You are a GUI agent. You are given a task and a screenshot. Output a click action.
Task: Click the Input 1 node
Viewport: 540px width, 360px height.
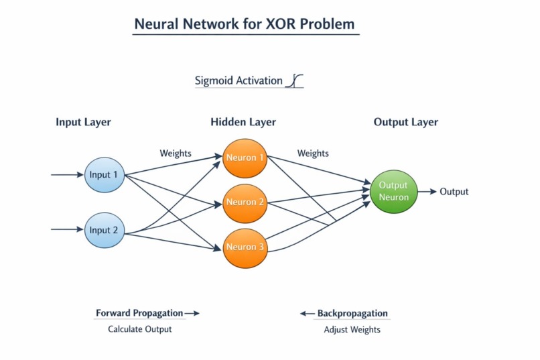[x=104, y=175]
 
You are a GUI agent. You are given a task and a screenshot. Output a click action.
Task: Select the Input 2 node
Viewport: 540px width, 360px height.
[x=104, y=230]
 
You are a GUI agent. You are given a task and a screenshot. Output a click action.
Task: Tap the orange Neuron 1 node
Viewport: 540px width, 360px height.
[x=245, y=158]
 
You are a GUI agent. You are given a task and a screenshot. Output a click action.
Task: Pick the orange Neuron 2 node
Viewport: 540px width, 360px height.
[x=245, y=202]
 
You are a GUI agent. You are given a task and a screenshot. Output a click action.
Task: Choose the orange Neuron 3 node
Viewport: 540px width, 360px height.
[x=245, y=247]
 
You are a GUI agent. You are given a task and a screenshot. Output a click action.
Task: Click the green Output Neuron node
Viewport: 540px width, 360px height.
[x=393, y=191]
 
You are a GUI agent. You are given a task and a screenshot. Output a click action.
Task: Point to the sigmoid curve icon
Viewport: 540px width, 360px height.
[x=295, y=81]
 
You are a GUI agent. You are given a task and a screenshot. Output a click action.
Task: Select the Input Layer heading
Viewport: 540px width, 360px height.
[x=83, y=122]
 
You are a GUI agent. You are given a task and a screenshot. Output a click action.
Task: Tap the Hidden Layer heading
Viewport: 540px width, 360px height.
[x=243, y=122]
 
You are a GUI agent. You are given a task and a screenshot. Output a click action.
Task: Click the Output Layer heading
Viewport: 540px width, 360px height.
[x=405, y=122]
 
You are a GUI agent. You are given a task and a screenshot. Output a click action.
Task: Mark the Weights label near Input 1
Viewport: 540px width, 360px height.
[x=176, y=153]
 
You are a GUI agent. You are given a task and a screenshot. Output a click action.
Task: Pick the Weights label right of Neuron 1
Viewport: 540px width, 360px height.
[x=313, y=153]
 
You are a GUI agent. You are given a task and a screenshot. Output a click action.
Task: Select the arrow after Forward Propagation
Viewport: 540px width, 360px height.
[x=192, y=313]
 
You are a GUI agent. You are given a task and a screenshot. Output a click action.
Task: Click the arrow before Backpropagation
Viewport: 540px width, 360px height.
[x=307, y=313]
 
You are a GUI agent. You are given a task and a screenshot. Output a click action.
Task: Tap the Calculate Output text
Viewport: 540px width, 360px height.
[x=140, y=329]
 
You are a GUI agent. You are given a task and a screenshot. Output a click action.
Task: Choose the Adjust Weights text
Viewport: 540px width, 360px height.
[x=352, y=329]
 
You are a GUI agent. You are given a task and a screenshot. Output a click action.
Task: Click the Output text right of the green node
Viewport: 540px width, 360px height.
[x=454, y=192]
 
